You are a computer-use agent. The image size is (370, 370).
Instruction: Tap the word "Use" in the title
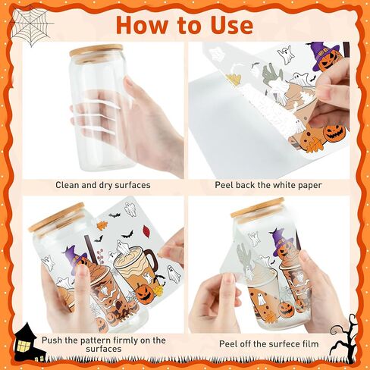(x=232, y=25)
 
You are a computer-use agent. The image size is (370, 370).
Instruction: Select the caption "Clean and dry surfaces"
(x=103, y=185)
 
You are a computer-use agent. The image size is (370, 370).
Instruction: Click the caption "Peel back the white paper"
(x=268, y=185)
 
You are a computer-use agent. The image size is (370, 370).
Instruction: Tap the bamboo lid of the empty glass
(x=92, y=51)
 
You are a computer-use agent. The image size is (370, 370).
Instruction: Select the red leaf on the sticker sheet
(x=147, y=230)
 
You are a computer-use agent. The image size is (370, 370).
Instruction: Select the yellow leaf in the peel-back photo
(x=233, y=79)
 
